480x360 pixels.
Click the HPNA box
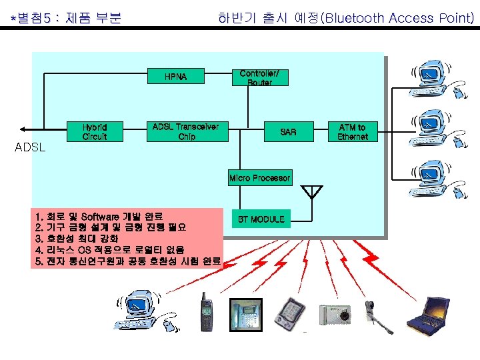pyautogui.click(x=176, y=77)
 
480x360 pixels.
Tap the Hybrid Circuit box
pyautogui.click(x=95, y=131)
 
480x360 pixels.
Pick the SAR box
pyautogui.click(x=288, y=132)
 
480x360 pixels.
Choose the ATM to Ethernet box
pyautogui.click(x=352, y=131)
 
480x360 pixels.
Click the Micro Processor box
pyautogui.click(x=259, y=178)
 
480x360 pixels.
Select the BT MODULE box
pyautogui.click(x=261, y=219)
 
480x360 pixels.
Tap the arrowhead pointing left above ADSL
pyautogui.click(x=24, y=129)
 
